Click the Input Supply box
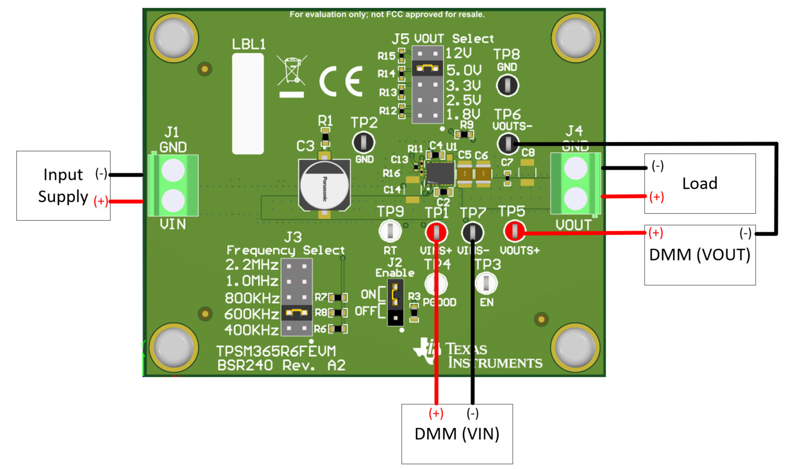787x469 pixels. [63, 185]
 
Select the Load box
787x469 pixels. [700, 183]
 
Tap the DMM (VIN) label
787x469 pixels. [457, 434]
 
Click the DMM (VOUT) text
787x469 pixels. [700, 255]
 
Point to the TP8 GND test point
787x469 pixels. [507, 86]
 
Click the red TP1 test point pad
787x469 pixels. [436, 232]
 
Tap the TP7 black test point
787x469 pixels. [472, 232]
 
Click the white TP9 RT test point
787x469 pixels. [390, 231]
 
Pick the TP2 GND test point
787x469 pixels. [364, 142]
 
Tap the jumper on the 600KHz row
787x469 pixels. [297, 313]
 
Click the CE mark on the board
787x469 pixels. [341, 81]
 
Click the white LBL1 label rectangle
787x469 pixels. [248, 104]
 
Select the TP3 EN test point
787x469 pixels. [486, 283]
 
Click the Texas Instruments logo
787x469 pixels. [477, 355]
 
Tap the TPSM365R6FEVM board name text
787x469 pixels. [276, 351]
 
